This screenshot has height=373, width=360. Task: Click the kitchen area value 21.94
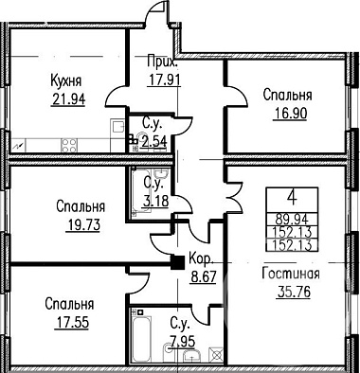(x=68, y=99)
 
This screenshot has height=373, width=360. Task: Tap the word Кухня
(x=66, y=81)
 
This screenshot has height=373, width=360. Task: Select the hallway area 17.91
(x=165, y=80)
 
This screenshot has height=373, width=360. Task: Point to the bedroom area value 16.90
(x=290, y=114)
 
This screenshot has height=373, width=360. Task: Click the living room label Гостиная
(x=291, y=274)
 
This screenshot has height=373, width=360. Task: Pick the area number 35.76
(x=294, y=292)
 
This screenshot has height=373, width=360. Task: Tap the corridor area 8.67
(x=204, y=277)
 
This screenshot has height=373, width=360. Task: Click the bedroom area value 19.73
(x=83, y=225)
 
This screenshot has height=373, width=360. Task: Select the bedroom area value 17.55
(x=72, y=323)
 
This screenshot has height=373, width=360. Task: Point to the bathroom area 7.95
(x=183, y=341)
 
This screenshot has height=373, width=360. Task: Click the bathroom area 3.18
(x=154, y=201)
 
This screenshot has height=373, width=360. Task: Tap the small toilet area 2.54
(x=153, y=141)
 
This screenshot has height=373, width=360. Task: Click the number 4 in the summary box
(x=293, y=199)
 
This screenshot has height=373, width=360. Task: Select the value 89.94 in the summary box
(x=292, y=219)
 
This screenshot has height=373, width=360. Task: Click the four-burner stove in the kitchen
(x=69, y=146)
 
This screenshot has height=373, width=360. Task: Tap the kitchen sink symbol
(x=118, y=127)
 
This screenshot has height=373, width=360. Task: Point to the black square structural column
(x=178, y=262)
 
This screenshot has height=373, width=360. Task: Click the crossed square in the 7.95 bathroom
(x=218, y=354)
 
